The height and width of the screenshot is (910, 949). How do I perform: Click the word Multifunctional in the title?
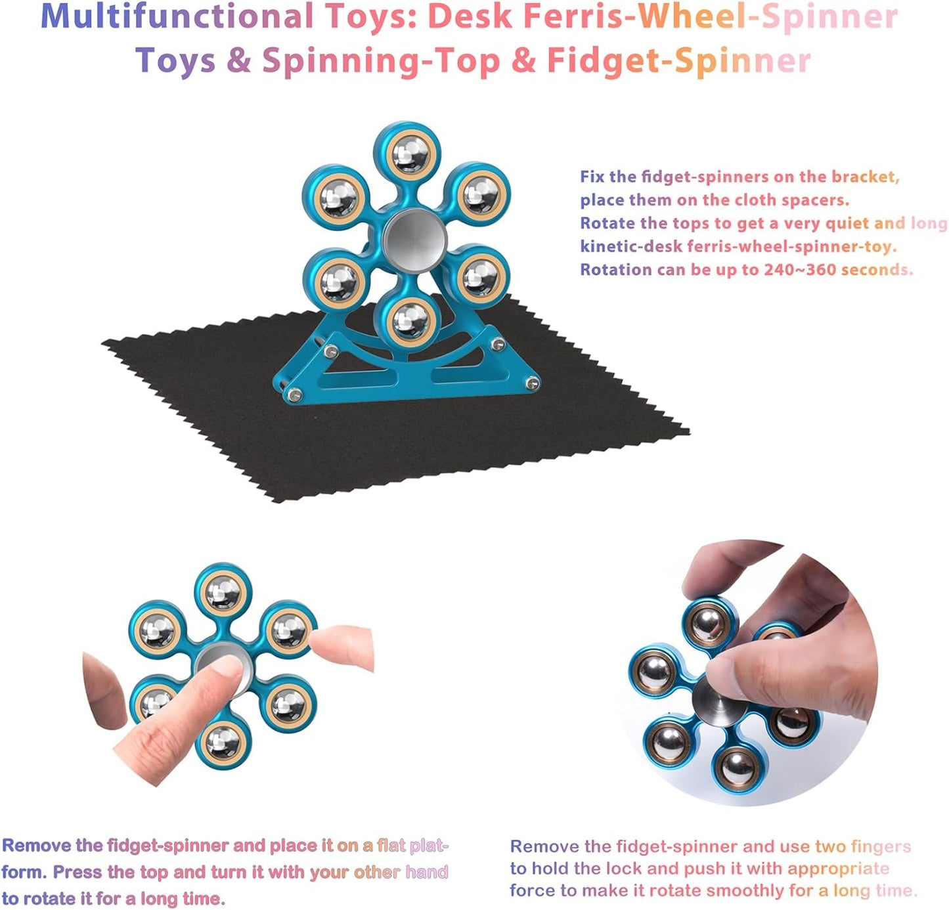[x=177, y=17]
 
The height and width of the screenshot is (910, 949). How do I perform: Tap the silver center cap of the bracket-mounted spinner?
[x=414, y=238]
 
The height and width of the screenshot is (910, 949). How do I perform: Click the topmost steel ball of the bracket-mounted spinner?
[x=409, y=152]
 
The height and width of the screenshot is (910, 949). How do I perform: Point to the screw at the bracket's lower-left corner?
[x=292, y=395]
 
